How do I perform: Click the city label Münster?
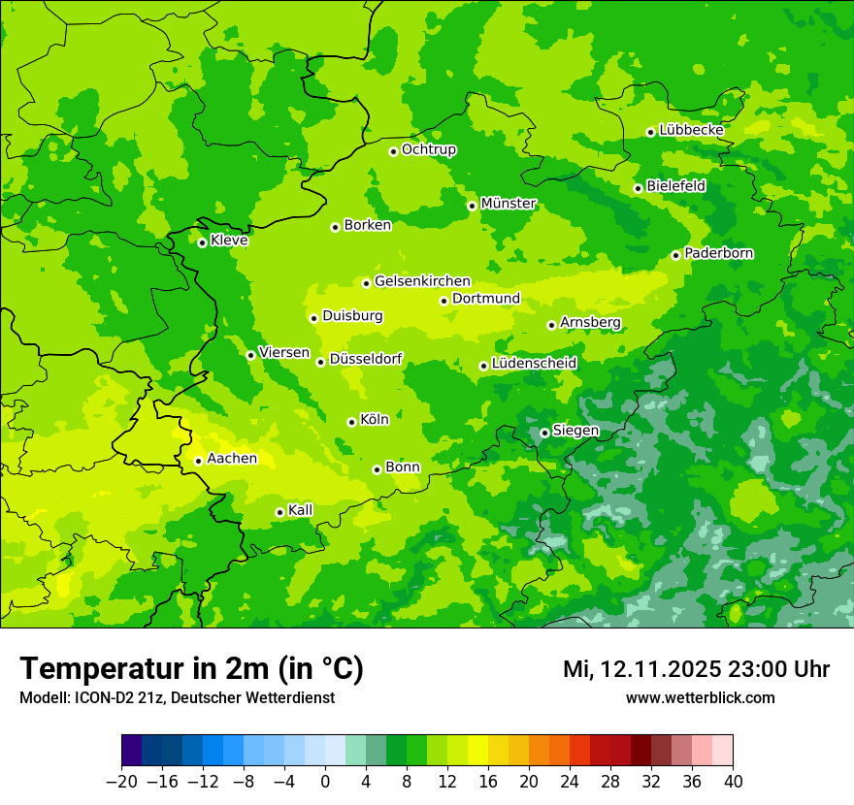(509, 204)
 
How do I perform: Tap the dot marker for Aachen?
(198, 461)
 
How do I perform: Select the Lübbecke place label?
(691, 130)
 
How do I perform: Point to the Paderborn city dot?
(675, 255)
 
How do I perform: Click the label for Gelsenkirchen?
(422, 281)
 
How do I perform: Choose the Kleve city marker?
(202, 242)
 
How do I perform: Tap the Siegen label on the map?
(575, 431)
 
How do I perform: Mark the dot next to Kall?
(279, 512)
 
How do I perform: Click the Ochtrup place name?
(429, 149)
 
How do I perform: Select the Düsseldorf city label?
(366, 359)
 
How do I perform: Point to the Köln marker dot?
(351, 422)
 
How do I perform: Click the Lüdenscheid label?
(534, 364)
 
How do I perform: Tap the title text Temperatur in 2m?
(191, 669)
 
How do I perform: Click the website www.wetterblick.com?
(700, 698)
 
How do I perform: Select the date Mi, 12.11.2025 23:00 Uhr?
(696, 669)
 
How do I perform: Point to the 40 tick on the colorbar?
(733, 782)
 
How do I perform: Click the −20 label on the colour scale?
(121, 782)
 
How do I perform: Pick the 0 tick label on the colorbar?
(325, 782)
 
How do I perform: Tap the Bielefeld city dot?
(638, 188)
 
